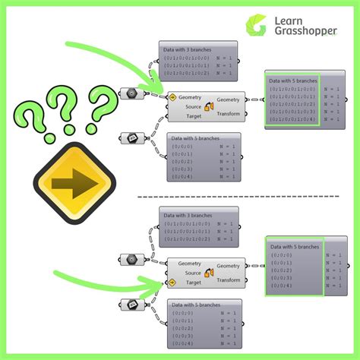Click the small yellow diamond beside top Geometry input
point(172,98)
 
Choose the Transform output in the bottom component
point(228,279)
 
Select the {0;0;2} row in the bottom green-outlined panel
point(282,270)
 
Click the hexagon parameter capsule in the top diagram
point(132,93)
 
